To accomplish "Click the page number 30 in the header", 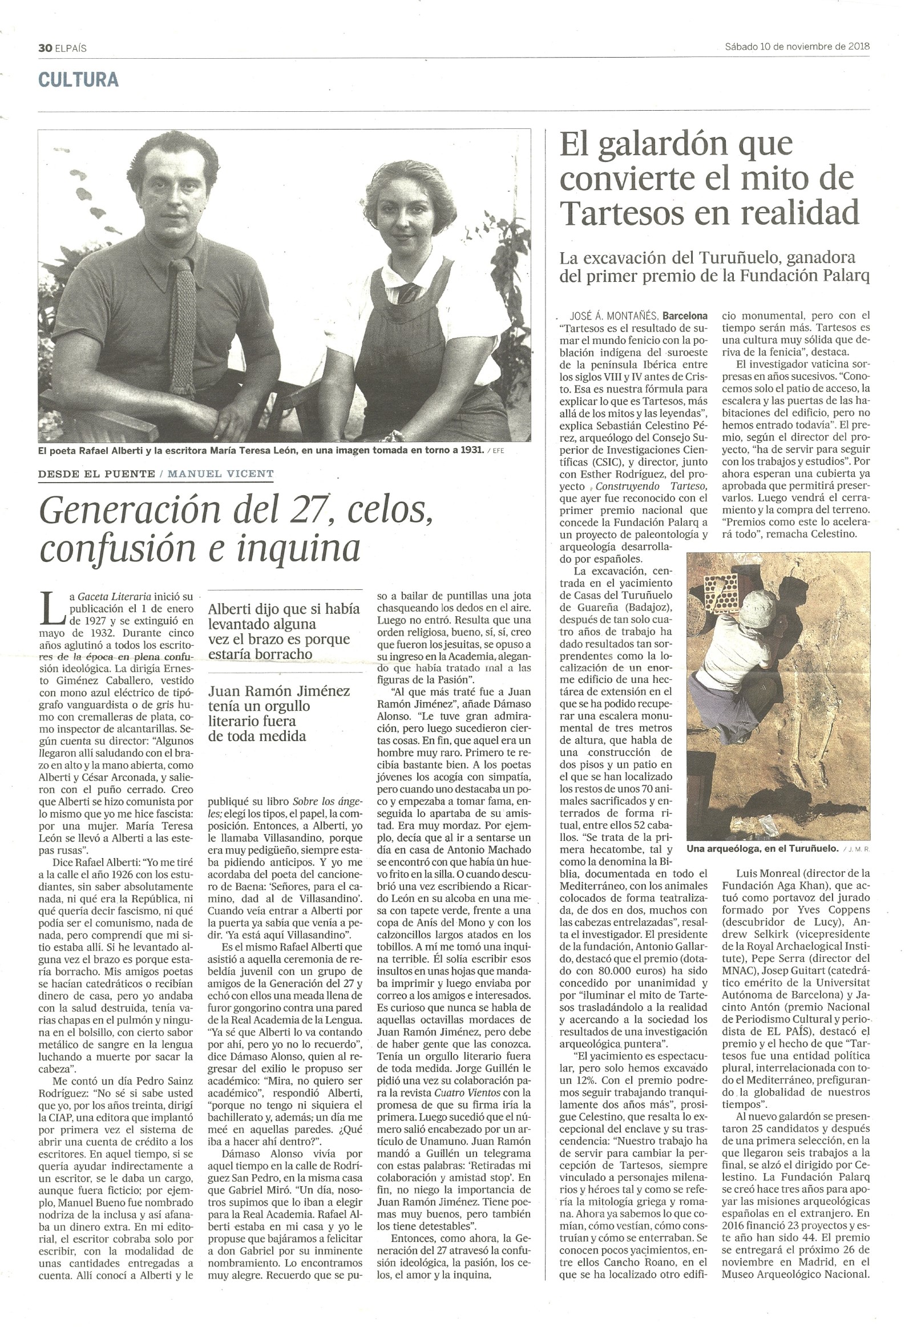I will (x=45, y=48).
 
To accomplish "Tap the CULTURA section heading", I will (x=78, y=79).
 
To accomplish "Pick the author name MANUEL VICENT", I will (x=221, y=474).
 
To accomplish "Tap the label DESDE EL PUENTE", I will (x=96, y=474).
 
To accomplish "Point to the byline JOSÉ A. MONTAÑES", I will (x=615, y=315).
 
